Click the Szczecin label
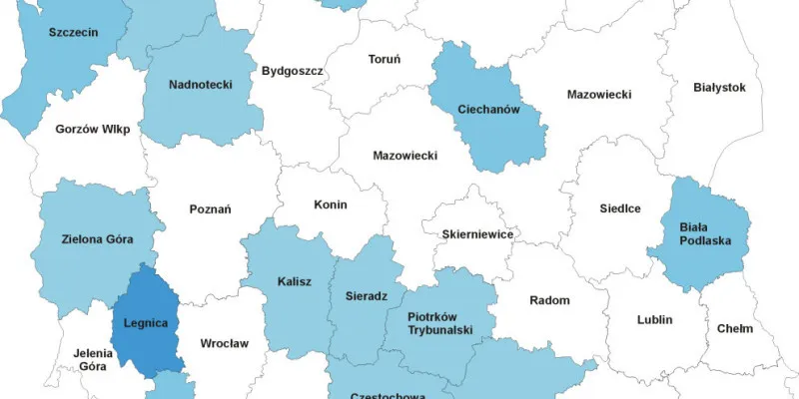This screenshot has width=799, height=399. coord(73,32)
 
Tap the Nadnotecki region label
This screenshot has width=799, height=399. coord(200,85)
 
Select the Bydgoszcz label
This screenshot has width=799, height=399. coord(292,71)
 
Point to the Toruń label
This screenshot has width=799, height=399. coord(385,60)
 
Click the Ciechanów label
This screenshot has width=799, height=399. coord(488,109)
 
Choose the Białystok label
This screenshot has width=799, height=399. coord(719,88)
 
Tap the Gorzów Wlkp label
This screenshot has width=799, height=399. coord(93,130)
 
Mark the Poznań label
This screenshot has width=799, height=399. coord(210,209)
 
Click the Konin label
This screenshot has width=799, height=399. coord(330,204)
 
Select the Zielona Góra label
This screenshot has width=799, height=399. coord(98,239)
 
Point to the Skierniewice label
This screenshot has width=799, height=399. coord(477,233)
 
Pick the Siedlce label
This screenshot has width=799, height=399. coord(620,208)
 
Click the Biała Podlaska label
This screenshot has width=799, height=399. coord(705,233)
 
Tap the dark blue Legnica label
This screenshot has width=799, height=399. coord(144,323)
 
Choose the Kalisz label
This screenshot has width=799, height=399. coord(294,281)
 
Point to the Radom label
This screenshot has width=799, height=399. coord(549,300)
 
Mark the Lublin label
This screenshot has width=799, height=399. coord(655,320)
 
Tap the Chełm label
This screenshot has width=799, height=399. coord(734,329)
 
